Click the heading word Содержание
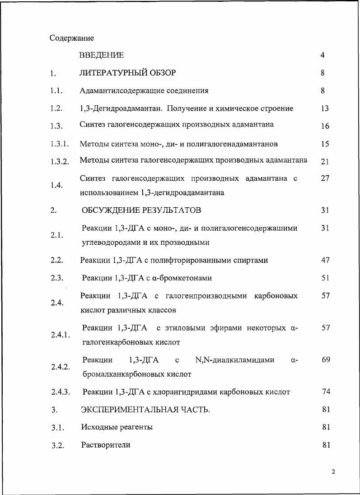72,38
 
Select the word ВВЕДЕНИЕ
101,56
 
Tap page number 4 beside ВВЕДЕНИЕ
323,56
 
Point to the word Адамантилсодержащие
118,91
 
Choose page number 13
325,108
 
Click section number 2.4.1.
60,335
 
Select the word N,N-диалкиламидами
235,360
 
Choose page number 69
326,360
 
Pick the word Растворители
106,445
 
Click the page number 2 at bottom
333,472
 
